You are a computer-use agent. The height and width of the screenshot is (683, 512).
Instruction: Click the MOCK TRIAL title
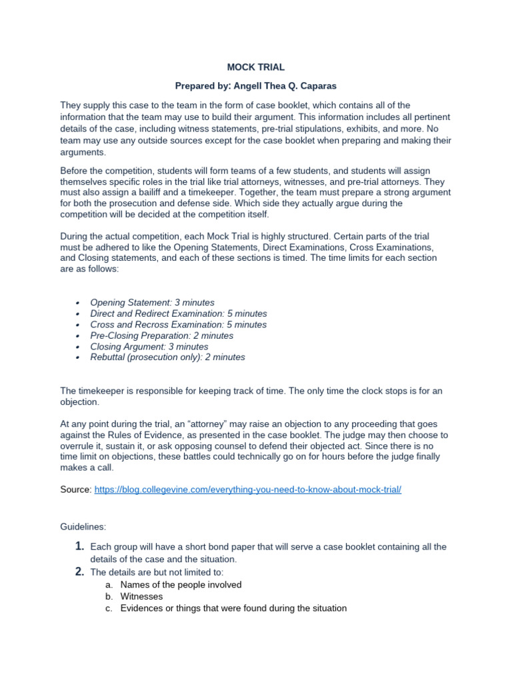(256, 67)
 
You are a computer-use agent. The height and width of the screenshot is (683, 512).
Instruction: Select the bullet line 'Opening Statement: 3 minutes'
(152, 303)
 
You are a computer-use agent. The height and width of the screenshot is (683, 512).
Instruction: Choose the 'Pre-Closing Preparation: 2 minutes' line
(161, 335)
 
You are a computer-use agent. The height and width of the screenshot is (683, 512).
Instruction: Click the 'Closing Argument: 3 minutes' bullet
(149, 347)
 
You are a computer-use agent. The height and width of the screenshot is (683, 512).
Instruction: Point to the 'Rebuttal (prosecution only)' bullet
(167, 358)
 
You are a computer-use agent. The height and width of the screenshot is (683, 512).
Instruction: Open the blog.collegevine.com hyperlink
(248, 490)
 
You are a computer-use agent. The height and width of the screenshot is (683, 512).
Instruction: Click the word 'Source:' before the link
(76, 490)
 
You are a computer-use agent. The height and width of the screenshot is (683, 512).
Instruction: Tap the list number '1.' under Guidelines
(79, 547)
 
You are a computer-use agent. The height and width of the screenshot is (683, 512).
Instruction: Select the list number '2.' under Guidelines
(79, 572)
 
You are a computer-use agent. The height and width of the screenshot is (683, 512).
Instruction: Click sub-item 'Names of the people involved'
(181, 585)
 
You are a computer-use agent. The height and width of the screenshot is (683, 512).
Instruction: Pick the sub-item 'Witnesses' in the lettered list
(141, 597)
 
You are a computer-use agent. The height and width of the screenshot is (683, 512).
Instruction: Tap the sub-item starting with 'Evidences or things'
(233, 609)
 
